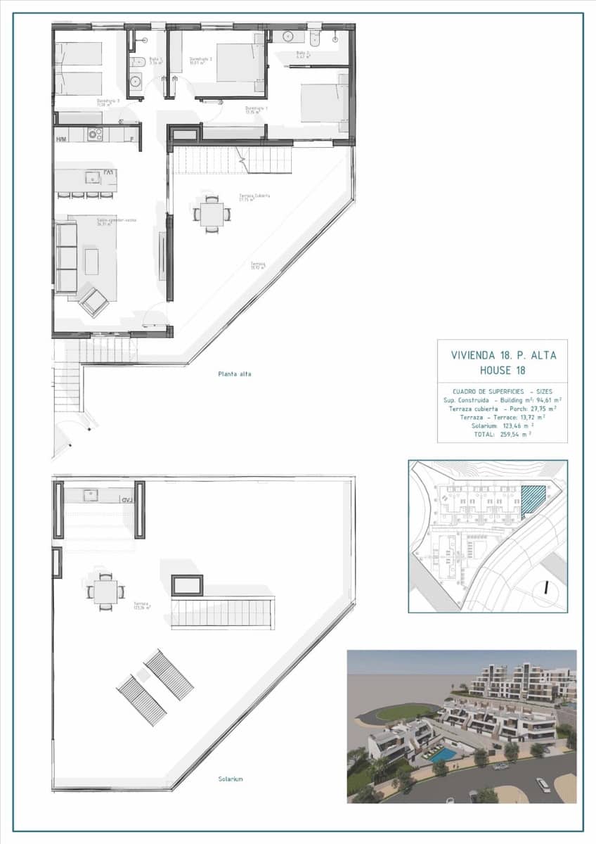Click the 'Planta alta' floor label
pyautogui.click(x=234, y=374)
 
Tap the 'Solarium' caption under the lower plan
pyautogui.click(x=230, y=779)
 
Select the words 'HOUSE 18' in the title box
pyautogui.click(x=503, y=371)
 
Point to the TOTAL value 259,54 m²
pyautogui.click(x=515, y=435)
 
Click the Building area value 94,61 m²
pyautogui.click(x=545, y=399)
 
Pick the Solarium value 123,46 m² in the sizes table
pyautogui.click(x=519, y=426)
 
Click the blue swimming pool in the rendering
pyautogui.click(x=441, y=754)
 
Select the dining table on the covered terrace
pyautogui.click(x=212, y=214)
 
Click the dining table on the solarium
pyautogui.click(x=105, y=592)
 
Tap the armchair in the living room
pyautogui.click(x=93, y=300)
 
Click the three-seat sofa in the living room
pyautogui.click(x=66, y=257)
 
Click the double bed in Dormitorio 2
pyautogui.click(x=238, y=63)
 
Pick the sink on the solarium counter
pyautogui.click(x=91, y=495)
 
